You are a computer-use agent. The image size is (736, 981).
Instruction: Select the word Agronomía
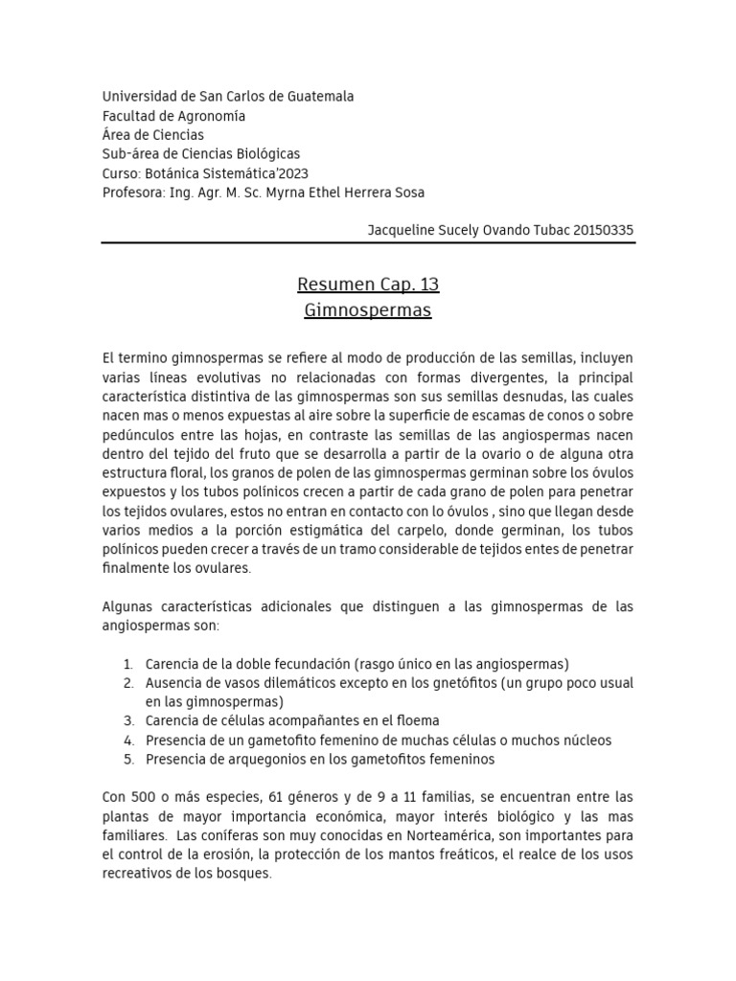pyautogui.click(x=211, y=116)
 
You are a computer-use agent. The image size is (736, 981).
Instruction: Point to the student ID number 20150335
pyautogui.click(x=599, y=231)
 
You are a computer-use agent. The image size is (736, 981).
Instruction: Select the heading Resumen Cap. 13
pyautogui.click(x=368, y=285)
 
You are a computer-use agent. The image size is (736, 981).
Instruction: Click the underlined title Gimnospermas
pyautogui.click(x=368, y=310)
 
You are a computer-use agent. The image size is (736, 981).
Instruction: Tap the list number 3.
pyautogui.click(x=128, y=720)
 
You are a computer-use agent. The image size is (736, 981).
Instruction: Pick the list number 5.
pyautogui.click(x=128, y=759)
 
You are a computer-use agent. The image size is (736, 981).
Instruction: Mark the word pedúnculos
pyautogui.click(x=140, y=435)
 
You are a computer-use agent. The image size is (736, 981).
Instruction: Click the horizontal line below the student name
pyautogui.click(x=368, y=243)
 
